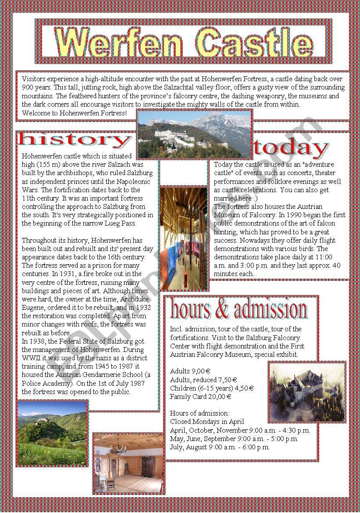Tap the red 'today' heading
291,149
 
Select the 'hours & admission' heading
239,309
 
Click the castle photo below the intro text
194,134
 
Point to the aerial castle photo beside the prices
307,392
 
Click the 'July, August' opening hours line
220,447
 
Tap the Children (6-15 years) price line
212,388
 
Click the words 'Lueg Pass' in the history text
120,223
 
